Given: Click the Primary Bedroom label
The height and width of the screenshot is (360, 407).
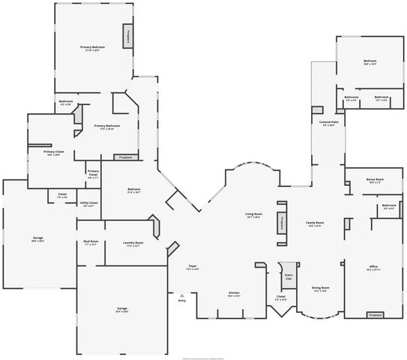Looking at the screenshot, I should tap(93, 47).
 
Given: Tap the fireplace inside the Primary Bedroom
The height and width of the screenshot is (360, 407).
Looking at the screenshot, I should tap(128, 37).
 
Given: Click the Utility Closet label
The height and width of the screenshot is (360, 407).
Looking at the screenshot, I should tap(88, 203).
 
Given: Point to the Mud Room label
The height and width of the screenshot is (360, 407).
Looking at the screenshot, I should tap(91, 242).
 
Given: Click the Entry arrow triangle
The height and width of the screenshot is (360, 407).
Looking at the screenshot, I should tap(181, 295).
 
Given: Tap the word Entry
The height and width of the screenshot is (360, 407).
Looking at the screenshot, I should tap(181, 301).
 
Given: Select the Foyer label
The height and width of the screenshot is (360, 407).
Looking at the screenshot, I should tap(193, 266).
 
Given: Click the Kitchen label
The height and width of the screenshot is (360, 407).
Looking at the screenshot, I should tap(234, 293).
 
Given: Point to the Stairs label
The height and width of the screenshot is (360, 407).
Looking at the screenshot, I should tap(288, 277).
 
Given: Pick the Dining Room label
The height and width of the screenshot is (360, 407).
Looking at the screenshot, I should tap(321, 288).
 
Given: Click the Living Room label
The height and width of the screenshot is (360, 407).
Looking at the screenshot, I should tap(253, 214).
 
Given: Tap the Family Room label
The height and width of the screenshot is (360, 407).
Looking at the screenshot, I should tap(315, 223).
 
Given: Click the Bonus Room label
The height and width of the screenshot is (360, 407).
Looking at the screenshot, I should tap(375, 180).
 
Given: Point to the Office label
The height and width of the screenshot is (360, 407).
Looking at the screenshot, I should tap(373, 266).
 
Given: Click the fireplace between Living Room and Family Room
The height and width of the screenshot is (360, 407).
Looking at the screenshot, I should tap(282, 223).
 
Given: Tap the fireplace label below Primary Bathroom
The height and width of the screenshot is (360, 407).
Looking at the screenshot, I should tap(124, 157).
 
